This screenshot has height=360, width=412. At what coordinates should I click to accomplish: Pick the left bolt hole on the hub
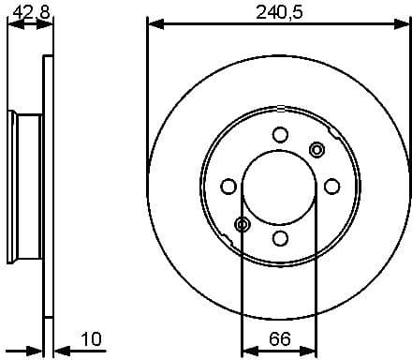[x=228, y=187]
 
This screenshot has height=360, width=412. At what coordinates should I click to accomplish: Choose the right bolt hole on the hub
[x=331, y=187]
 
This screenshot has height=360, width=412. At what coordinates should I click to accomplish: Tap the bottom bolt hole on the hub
[x=280, y=238]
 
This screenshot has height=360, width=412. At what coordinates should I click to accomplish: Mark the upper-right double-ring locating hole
[x=316, y=149]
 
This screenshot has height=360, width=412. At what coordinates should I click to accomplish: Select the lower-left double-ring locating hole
[x=243, y=224]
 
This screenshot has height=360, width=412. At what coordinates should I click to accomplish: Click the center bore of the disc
[x=280, y=187]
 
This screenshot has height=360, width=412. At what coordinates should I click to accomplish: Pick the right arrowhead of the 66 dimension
[x=311, y=352]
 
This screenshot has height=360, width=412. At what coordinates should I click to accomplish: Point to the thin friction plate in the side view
[x=47, y=187]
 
